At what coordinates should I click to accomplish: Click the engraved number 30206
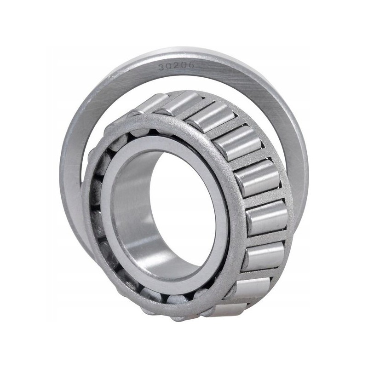pyautogui.click(x=176, y=67)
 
